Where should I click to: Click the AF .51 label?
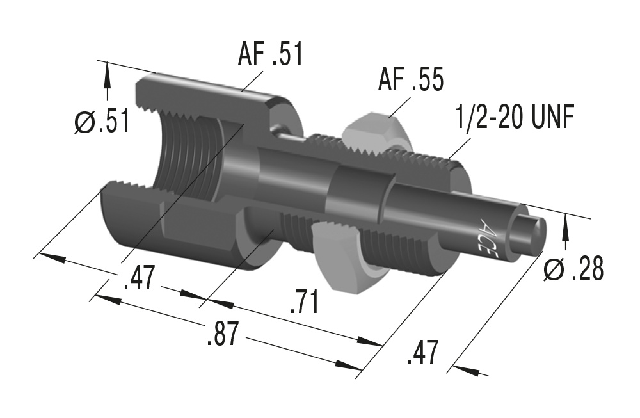271,54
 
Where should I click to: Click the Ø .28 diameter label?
573,269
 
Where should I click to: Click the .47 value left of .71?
138,280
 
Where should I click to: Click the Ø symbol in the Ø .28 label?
553,269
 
